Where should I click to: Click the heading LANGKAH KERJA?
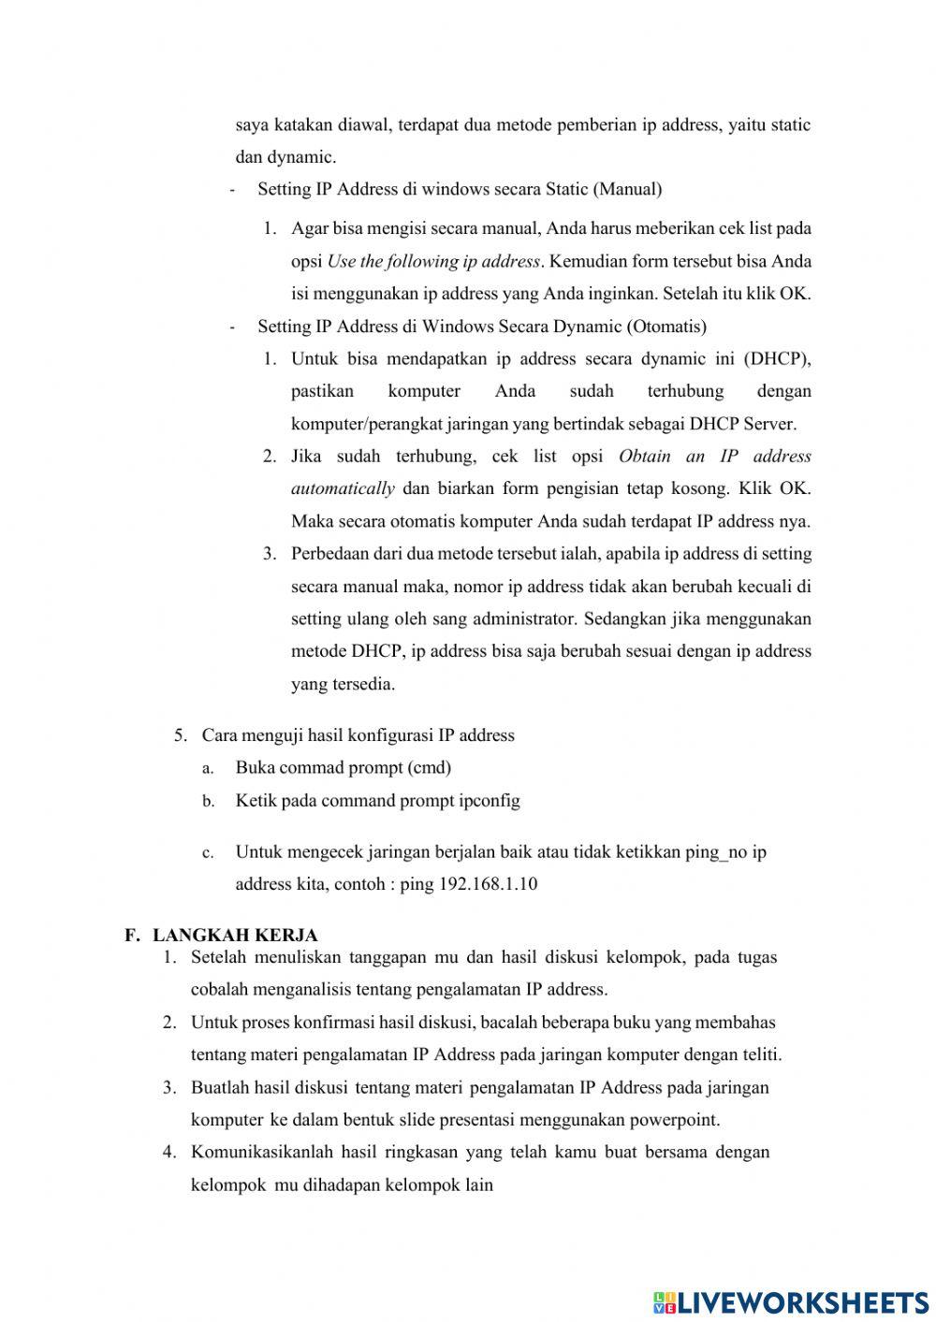pyautogui.click(x=235, y=935)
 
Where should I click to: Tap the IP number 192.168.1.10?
pyautogui.click(x=488, y=884)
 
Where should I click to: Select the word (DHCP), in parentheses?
pyautogui.click(x=777, y=358)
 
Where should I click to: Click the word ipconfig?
pyautogui.click(x=490, y=800)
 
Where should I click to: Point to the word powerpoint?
pyautogui.click(x=674, y=1119)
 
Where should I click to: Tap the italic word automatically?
pyautogui.click(x=343, y=488)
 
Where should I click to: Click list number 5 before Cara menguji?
pyautogui.click(x=181, y=735)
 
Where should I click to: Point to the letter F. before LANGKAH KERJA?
pyautogui.click(x=132, y=935)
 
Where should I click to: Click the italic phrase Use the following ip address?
pyautogui.click(x=433, y=261)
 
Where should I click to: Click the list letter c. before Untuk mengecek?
pyautogui.click(x=208, y=853)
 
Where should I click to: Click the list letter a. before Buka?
pyautogui.click(x=208, y=768)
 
